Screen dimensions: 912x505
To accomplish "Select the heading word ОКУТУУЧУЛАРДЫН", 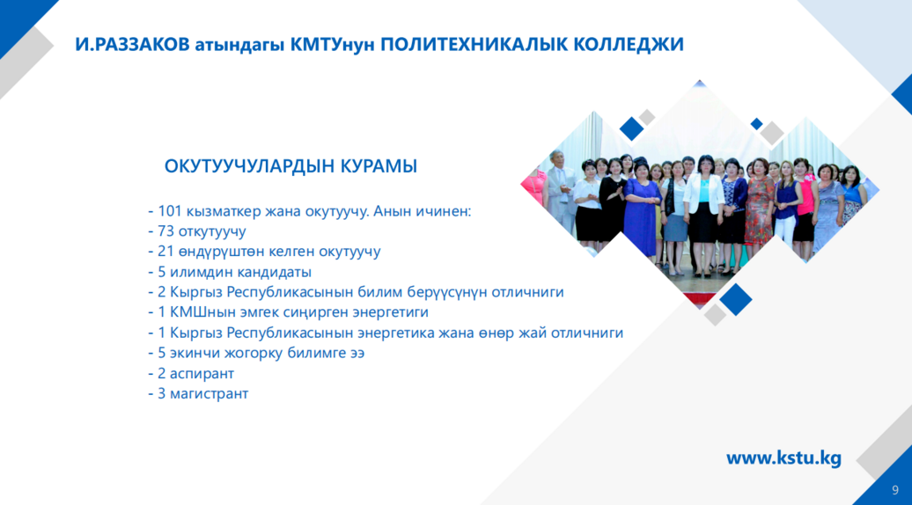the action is (x=249, y=166).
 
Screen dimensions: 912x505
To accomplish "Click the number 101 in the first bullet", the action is (x=170, y=211).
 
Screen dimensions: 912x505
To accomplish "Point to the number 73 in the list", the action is (x=165, y=231).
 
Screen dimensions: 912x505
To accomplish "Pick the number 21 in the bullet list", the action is (x=165, y=252).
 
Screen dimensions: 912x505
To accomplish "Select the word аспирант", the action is (x=202, y=374).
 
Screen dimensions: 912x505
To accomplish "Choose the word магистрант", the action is (x=209, y=394).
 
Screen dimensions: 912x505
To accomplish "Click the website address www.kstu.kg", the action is (x=783, y=458).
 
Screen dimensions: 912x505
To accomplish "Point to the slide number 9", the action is (x=895, y=490).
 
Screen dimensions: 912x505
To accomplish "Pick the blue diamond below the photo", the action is (x=735, y=299).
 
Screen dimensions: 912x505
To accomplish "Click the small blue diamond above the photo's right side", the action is (x=757, y=124).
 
